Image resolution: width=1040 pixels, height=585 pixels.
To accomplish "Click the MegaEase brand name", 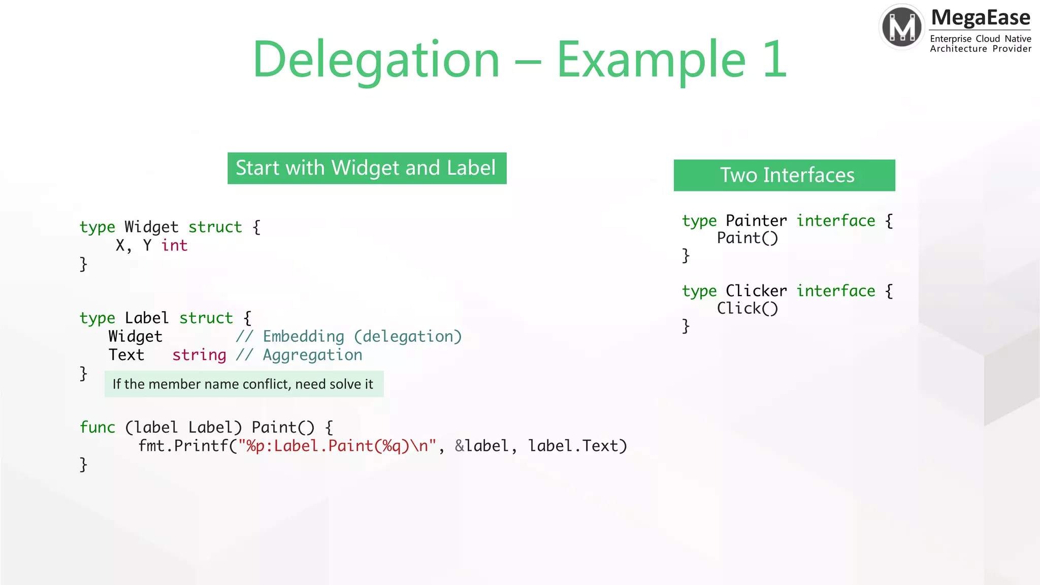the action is point(980,18).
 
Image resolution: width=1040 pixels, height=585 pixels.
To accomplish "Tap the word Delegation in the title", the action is point(376,60).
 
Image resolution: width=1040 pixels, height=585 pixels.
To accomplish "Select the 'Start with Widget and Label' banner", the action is point(367,168).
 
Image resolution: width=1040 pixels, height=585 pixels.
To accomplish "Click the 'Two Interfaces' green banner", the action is point(784,175).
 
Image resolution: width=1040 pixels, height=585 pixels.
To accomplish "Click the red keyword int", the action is point(174,246).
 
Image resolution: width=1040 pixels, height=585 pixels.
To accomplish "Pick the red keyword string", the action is point(199,355).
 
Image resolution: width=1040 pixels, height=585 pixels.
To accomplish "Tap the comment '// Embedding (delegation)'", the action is point(348,337).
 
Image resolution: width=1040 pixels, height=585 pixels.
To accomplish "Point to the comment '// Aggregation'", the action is point(299,355).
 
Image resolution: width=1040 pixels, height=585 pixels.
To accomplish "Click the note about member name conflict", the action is point(243,384).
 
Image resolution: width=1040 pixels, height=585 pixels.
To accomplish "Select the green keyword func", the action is point(97,428).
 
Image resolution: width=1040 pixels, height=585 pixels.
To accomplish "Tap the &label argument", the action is point(481,446).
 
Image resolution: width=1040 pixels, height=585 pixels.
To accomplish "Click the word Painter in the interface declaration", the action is point(756,221).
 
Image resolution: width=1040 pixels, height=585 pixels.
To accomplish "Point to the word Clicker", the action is point(756,291).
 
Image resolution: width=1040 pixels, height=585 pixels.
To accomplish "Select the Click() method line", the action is point(747,308).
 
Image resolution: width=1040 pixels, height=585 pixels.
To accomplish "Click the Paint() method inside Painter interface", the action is point(747,238).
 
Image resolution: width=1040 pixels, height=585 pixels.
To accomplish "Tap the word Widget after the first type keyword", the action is point(151,227).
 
